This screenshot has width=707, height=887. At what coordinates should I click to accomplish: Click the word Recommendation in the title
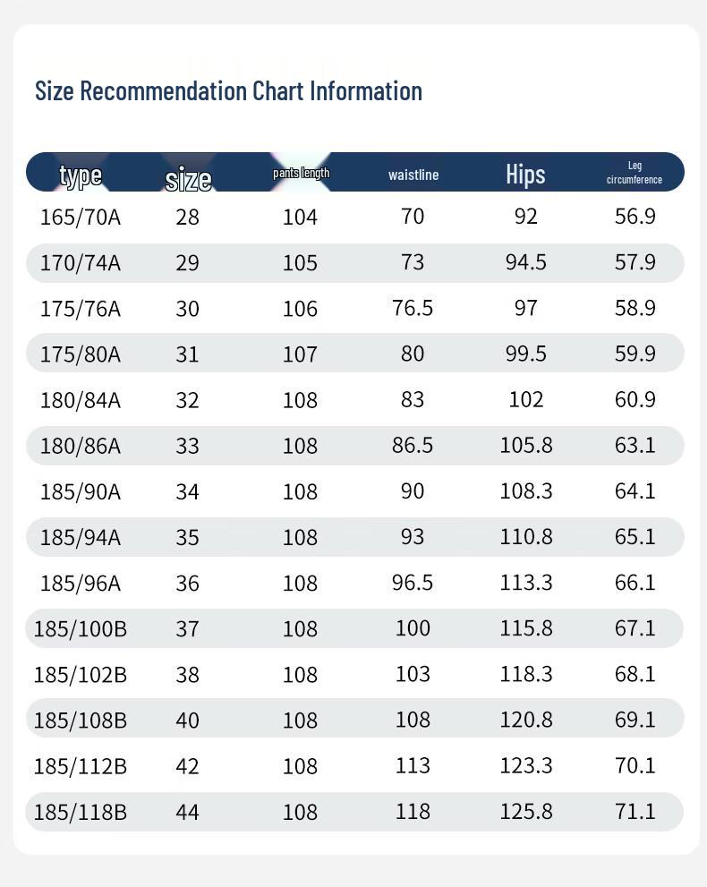click(163, 91)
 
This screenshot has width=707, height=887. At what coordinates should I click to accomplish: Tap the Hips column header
click(525, 175)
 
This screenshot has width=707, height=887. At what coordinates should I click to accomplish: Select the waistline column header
click(413, 175)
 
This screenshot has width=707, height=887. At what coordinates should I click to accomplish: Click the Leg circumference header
click(634, 173)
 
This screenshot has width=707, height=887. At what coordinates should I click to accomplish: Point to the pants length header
click(301, 173)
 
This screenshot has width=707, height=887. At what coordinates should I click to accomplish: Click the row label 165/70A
click(81, 217)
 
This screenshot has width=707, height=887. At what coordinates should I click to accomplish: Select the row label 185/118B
click(81, 812)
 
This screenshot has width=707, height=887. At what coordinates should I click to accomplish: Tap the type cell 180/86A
click(81, 446)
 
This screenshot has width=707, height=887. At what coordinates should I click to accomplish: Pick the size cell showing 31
click(187, 354)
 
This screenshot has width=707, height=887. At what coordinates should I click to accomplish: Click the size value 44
click(187, 812)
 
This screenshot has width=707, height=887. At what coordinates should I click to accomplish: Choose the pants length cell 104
click(300, 217)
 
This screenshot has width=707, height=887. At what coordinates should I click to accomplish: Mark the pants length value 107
click(300, 354)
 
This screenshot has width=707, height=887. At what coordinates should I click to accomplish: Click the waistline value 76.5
click(413, 308)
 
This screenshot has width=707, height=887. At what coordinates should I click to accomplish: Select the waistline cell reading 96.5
click(413, 582)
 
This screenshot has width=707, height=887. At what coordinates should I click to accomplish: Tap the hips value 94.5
click(526, 262)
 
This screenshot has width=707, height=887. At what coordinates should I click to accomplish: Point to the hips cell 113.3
click(526, 582)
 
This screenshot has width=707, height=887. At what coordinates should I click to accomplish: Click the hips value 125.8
click(526, 811)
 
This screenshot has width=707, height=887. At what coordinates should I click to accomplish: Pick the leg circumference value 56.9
click(635, 216)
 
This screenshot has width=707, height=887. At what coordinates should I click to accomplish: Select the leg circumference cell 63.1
click(635, 445)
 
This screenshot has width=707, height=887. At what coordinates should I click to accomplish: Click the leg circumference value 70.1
click(635, 765)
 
